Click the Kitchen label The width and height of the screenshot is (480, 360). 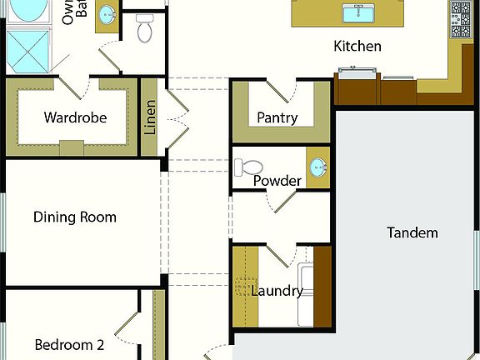click(x=357, y=47)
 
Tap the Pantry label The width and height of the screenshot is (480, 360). click(x=277, y=118)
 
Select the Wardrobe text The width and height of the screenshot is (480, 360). click(x=75, y=117)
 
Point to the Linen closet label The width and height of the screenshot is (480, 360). click(x=151, y=117)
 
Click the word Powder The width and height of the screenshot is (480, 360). click(x=277, y=181)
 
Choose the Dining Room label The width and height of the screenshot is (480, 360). click(x=75, y=217)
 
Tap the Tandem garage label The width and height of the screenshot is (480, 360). click(x=412, y=232)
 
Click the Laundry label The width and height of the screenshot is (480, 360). click(x=277, y=291)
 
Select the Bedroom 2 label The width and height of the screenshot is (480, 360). click(x=69, y=345)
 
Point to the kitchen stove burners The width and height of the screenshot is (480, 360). click(x=461, y=19)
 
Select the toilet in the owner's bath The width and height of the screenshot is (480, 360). click(x=146, y=31)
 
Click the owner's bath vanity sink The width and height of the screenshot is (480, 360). click(x=107, y=14)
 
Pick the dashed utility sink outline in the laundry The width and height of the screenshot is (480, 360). click(x=245, y=288)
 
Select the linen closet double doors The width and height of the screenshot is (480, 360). click(x=177, y=117)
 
